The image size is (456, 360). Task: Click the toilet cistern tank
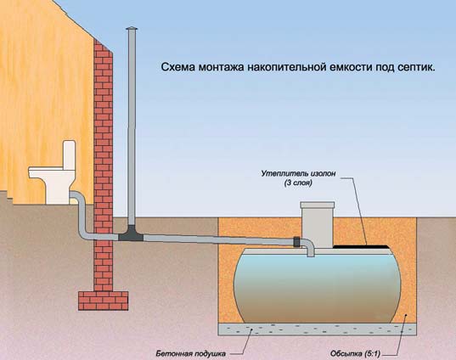click(70, 155)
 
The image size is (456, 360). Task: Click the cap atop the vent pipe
click(132, 29)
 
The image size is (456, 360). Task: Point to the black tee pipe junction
click(131, 233)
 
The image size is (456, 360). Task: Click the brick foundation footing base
click(104, 301)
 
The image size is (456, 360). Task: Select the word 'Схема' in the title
click(178, 67)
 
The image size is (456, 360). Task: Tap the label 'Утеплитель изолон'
click(298, 173)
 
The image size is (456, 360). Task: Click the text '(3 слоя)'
click(298, 183)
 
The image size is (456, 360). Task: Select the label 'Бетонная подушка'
click(190, 353)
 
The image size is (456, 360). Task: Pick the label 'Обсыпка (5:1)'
click(355, 353)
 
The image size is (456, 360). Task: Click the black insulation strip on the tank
click(361, 246)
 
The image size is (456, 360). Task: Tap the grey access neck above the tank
click(318, 226)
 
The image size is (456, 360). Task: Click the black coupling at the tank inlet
click(296, 242)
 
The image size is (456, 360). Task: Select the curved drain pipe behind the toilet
click(82, 215)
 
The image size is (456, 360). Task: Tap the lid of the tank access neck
click(318, 205)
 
